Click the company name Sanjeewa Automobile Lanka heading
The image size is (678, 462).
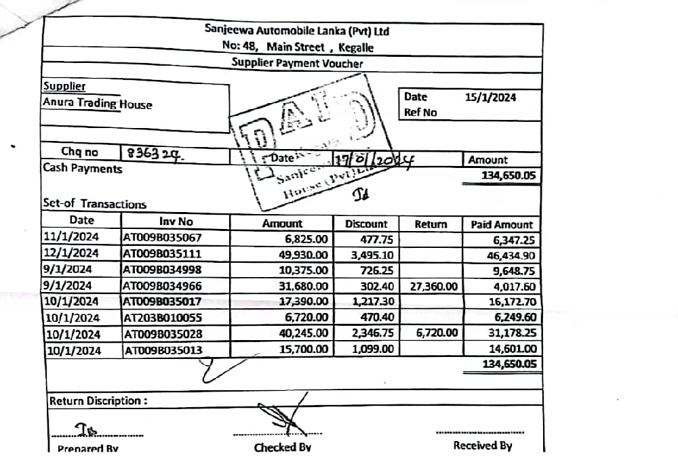pos(296,31)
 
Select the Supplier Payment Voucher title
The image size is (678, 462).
pos(297,64)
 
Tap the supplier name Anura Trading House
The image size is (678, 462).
pos(98,104)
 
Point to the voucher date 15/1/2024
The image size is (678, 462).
pos(490,98)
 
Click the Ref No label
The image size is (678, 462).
pos(420,113)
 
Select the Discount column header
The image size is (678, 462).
pos(366,224)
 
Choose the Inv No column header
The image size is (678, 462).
pos(176,222)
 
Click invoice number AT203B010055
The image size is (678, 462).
pos(163,318)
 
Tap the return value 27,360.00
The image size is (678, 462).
pos(434,287)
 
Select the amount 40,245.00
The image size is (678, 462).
pos(304,334)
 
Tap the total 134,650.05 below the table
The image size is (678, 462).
pos(509,364)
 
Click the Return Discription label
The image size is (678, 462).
pos(98,401)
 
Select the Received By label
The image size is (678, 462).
pos(482,446)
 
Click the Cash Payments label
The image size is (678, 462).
pos(83,169)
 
